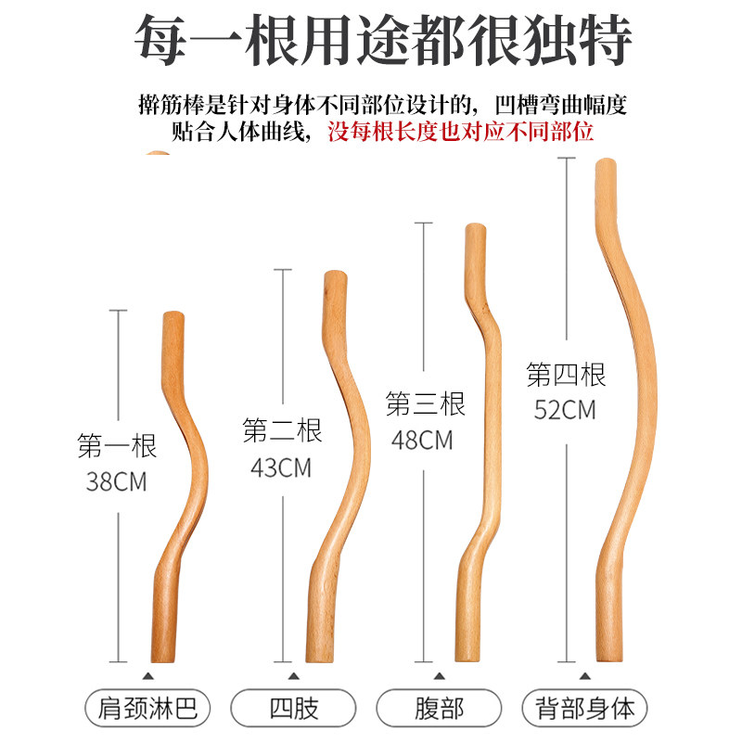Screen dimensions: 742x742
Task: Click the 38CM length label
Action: (x=117, y=482)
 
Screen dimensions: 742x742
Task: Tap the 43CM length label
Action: (x=281, y=467)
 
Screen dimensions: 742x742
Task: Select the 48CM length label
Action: (x=423, y=440)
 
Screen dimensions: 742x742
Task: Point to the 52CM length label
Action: (x=565, y=410)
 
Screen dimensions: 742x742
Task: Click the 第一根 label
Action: (x=117, y=446)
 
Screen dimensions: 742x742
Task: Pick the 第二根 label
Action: (x=282, y=431)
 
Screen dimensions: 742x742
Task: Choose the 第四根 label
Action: (x=566, y=375)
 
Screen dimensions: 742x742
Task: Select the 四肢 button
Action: (x=295, y=710)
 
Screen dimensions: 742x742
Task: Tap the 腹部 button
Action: (x=439, y=710)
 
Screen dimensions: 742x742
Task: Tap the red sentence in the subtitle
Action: (x=460, y=131)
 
